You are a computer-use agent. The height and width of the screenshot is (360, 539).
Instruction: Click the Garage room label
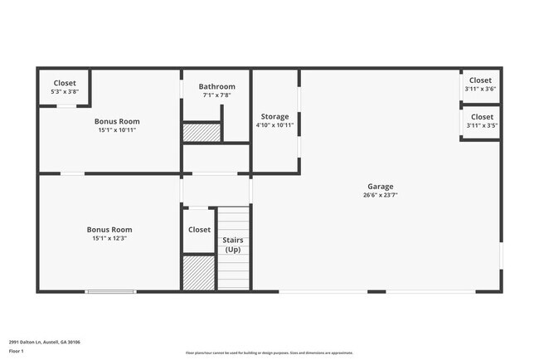pyautogui.click(x=381, y=187)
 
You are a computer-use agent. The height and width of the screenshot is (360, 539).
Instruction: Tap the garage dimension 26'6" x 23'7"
pyautogui.click(x=381, y=196)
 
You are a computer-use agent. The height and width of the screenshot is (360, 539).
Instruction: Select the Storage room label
pyautogui.click(x=274, y=116)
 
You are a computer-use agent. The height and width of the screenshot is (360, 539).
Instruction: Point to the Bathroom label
pyautogui.click(x=216, y=86)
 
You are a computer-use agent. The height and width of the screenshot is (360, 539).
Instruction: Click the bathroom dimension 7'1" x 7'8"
pyautogui.click(x=216, y=95)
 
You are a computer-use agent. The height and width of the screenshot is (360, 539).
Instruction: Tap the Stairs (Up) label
pyautogui.click(x=233, y=245)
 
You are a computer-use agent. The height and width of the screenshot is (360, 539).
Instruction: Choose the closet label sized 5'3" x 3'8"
pyautogui.click(x=65, y=83)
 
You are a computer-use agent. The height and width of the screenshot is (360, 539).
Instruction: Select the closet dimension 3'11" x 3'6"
pyautogui.click(x=481, y=89)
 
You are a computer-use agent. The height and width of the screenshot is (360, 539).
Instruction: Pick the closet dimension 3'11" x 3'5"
pyautogui.click(x=481, y=126)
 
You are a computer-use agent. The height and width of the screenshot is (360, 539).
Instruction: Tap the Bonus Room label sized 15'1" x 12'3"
pyautogui.click(x=109, y=230)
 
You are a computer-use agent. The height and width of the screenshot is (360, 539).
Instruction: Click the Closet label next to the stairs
pyautogui.click(x=199, y=230)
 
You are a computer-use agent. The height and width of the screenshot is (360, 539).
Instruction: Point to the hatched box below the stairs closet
pyautogui.click(x=198, y=273)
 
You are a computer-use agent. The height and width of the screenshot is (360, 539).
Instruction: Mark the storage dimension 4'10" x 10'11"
pyautogui.click(x=274, y=125)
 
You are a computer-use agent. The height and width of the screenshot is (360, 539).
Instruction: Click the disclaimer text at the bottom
pyautogui.click(x=269, y=353)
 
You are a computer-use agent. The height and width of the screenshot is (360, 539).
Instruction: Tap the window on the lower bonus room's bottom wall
pyautogui.click(x=110, y=291)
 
